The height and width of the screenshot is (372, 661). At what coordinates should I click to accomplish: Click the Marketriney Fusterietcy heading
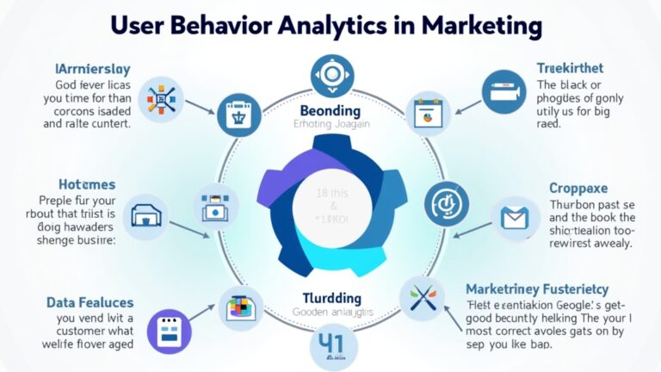point(537,289)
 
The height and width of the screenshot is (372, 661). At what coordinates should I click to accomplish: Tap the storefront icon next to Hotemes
point(143,215)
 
